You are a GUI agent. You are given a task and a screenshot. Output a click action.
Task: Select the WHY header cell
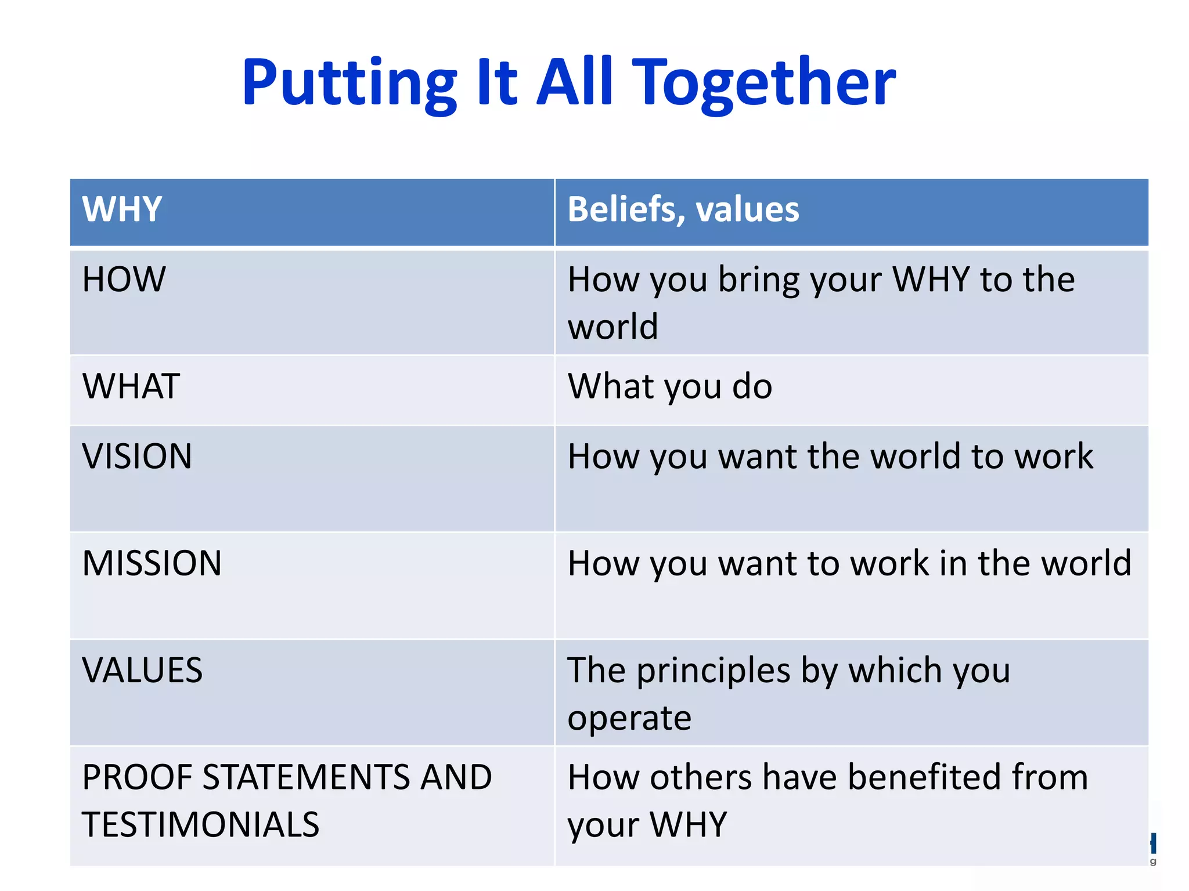[122, 209]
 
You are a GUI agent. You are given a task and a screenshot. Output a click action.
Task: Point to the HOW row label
[124, 279]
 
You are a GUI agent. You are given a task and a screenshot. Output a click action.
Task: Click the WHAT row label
[131, 386]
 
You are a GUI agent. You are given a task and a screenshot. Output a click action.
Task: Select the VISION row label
[137, 456]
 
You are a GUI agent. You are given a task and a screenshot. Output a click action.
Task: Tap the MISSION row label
[152, 563]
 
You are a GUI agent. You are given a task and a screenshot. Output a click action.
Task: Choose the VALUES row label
[142, 670]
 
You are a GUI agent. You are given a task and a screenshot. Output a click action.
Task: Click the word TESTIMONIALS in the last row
[200, 825]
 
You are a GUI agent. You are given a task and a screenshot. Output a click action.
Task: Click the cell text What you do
[669, 387]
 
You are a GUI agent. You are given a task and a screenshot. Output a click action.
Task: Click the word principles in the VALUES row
[713, 671]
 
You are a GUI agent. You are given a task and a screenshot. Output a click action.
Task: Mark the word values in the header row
[747, 209]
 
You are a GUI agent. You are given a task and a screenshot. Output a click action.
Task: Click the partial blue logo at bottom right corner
[1152, 844]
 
